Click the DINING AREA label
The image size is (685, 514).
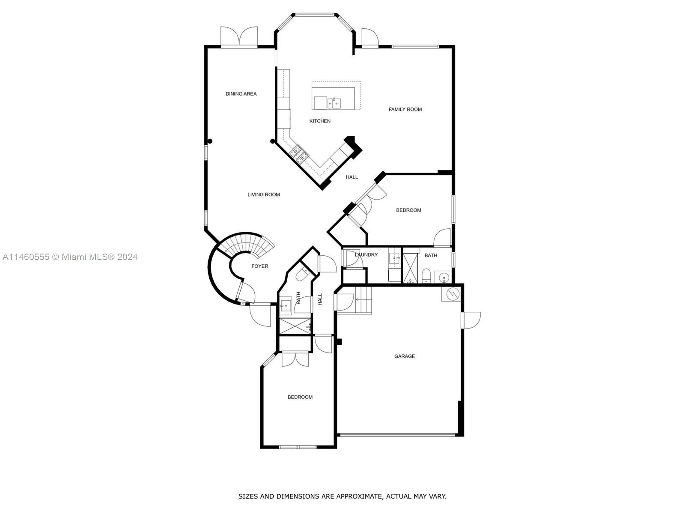tap(241, 94)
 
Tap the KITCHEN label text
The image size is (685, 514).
tap(320, 121)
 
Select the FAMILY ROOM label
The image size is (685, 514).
tap(405, 110)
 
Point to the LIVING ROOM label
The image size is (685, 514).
tap(263, 194)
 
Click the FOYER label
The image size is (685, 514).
tap(259, 266)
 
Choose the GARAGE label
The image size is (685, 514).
tap(404, 356)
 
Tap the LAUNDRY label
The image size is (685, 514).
tap(366, 255)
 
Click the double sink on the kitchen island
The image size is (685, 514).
tap(334, 103)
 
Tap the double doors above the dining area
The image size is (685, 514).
tap(239, 37)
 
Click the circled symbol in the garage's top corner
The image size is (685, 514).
tap(452, 294)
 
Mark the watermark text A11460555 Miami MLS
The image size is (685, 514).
tap(70, 257)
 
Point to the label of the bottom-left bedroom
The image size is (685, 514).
tap(300, 397)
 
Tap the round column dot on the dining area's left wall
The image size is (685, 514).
tap(210, 141)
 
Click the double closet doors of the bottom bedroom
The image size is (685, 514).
tap(295, 359)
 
